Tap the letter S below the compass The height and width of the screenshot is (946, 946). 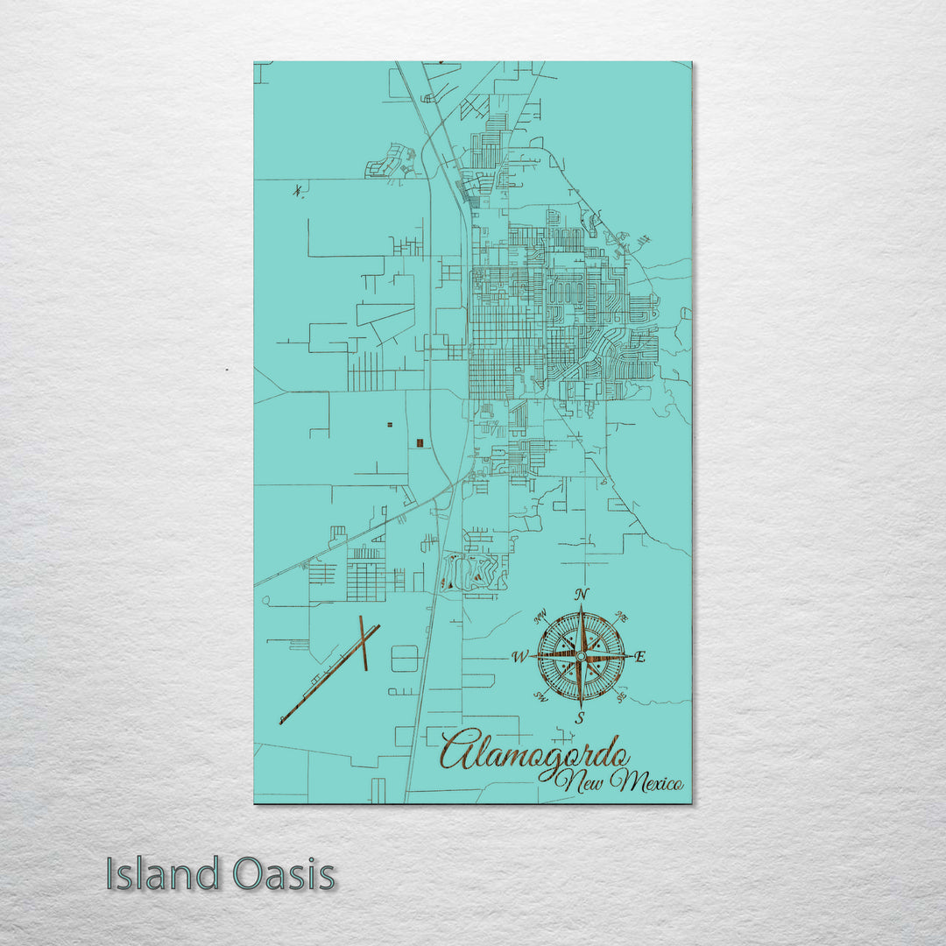pos(580,718)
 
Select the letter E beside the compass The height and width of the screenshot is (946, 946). pos(639,657)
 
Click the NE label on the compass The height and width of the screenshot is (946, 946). pos(622,614)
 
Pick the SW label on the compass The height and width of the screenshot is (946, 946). pos(540,698)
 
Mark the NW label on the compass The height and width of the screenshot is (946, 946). pos(540,614)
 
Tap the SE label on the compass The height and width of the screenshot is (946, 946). pos(621,697)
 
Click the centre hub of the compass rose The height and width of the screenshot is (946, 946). pos(581,655)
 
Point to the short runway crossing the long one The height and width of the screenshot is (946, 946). pos(363,643)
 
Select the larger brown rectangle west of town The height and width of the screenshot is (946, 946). pos(420,442)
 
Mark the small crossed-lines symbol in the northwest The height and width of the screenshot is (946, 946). pos(300,189)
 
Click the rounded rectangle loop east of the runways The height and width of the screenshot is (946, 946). pos(405,658)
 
